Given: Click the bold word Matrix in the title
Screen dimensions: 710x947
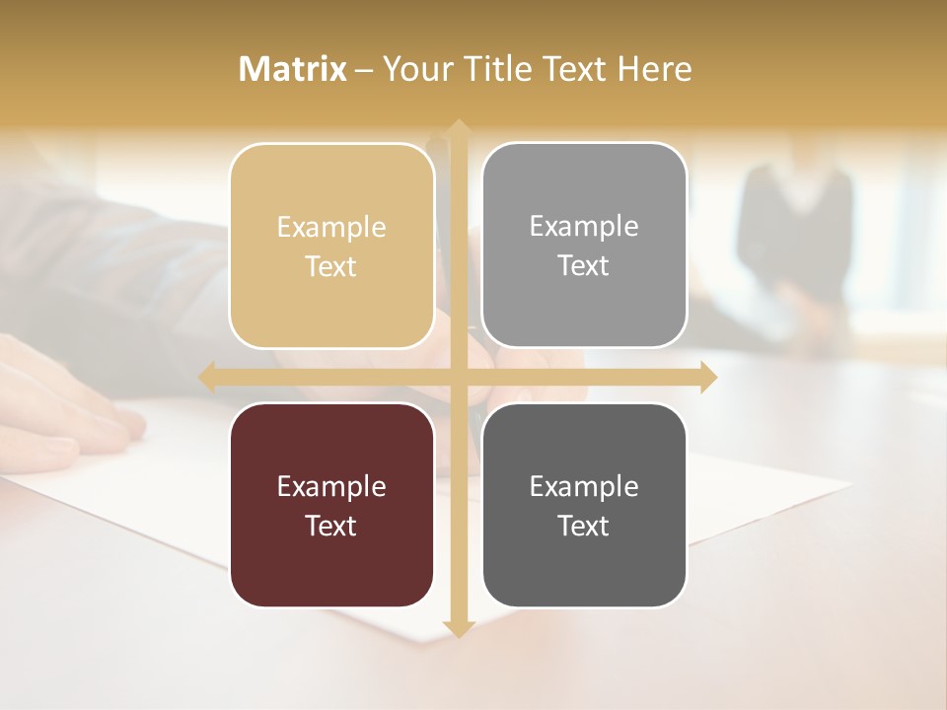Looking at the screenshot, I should (293, 69).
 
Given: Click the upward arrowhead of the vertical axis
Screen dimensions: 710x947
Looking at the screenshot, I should (458, 128).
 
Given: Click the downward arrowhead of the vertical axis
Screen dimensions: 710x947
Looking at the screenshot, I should (458, 628).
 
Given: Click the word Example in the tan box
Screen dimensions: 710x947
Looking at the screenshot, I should (331, 228).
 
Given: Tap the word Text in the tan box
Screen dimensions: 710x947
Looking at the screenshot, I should (331, 266).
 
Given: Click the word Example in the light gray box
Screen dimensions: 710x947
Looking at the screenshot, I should (584, 227).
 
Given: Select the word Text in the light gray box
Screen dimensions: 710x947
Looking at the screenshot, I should (584, 265).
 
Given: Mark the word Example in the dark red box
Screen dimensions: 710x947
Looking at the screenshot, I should (331, 486).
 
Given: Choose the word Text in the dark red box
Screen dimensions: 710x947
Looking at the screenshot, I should (331, 526).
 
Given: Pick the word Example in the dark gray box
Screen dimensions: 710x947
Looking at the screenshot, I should (584, 486).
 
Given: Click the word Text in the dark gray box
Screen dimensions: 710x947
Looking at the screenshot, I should (584, 526).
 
